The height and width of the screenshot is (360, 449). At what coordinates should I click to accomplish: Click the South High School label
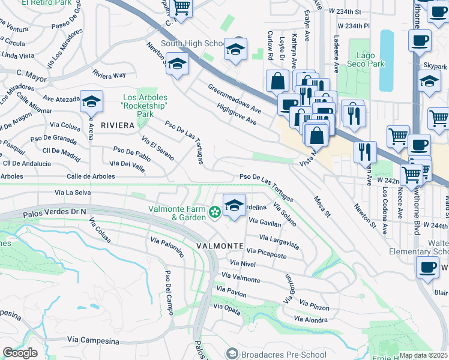[192, 43]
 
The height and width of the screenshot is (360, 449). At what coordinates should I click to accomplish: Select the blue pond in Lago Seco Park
[387, 50]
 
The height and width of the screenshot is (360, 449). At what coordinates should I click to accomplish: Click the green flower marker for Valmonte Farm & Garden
[214, 212]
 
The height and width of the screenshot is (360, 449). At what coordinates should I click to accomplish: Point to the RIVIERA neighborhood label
[118, 125]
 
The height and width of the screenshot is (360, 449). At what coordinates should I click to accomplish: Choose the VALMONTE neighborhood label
[220, 246]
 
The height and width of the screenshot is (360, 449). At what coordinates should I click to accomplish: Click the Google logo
[20, 352]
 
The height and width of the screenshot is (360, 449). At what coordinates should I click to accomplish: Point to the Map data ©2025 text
[424, 355]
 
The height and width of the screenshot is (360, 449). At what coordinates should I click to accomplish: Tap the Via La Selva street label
[72, 193]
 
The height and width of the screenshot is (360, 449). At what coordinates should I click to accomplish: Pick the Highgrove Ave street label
[237, 115]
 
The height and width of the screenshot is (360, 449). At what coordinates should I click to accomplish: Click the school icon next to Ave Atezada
[91, 103]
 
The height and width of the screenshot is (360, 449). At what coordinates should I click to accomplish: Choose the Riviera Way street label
[109, 75]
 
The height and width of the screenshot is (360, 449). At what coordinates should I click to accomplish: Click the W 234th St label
[358, 11]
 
